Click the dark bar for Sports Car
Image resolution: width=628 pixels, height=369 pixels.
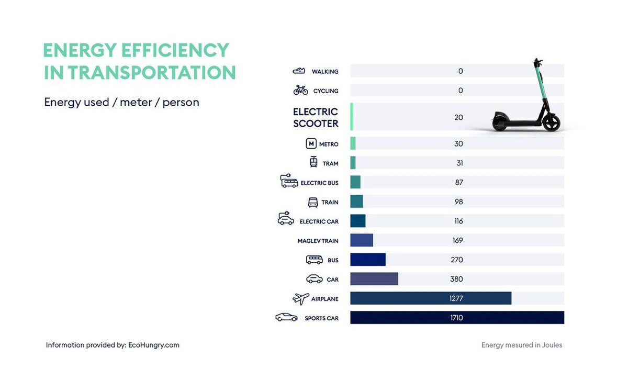click(x=457, y=318)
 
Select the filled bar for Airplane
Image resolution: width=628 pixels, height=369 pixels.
click(x=430, y=298)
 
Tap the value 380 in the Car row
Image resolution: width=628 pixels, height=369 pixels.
click(x=456, y=279)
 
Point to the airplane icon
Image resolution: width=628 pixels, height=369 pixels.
click(x=300, y=299)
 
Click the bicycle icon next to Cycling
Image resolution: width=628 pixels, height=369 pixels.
click(x=301, y=90)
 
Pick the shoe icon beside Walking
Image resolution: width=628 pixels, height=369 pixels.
click(x=299, y=71)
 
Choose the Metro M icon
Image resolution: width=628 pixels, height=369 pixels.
click(x=311, y=144)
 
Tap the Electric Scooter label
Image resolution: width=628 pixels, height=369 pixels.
click(x=316, y=118)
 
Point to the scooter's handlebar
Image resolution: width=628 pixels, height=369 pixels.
click(x=537, y=62)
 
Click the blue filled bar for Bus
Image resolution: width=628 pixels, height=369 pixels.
click(x=368, y=260)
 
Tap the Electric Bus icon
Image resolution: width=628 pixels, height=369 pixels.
click(x=289, y=182)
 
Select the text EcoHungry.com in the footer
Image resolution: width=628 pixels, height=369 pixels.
click(x=154, y=345)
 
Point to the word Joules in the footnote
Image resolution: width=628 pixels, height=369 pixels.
click(x=551, y=345)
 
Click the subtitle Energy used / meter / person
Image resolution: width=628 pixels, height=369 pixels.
click(x=121, y=102)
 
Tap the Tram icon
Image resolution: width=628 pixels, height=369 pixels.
click(x=313, y=162)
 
